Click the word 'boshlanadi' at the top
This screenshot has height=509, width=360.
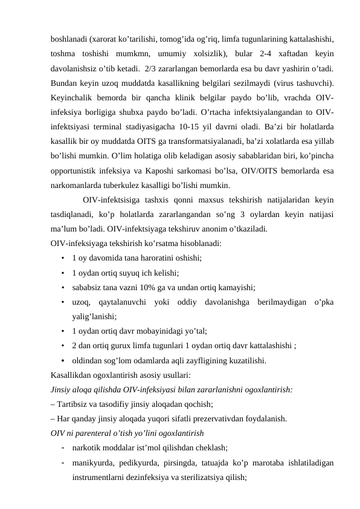pyautogui.click(x=68, y=37)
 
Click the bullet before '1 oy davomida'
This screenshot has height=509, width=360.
pyautogui.click(x=63, y=258)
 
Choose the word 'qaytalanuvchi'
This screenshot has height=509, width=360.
pyautogui.click(x=120, y=301)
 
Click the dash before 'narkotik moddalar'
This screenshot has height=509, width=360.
pyautogui.click(x=63, y=448)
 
